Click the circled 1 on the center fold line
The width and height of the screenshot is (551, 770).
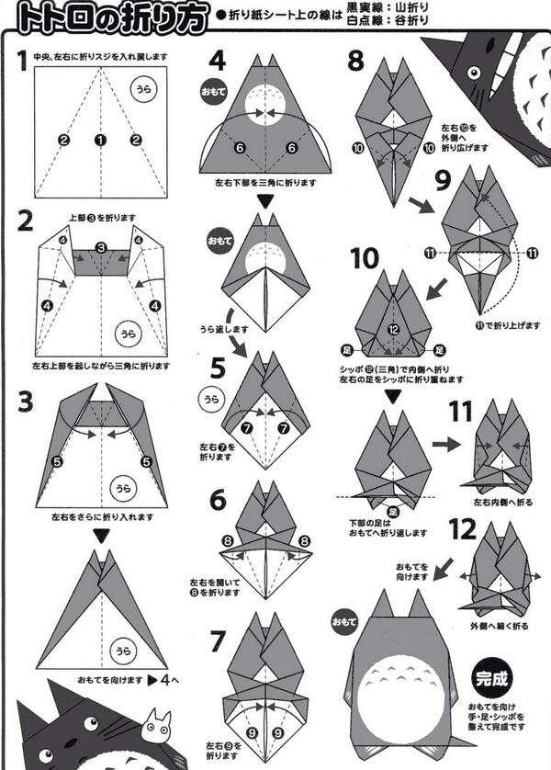99,140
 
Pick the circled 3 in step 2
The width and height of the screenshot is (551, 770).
102,247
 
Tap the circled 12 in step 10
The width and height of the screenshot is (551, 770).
392,329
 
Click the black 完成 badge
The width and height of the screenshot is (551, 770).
489,679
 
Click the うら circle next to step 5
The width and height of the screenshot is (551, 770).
212,398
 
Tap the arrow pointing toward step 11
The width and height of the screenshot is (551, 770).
446,443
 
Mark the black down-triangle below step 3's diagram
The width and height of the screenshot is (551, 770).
102,532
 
